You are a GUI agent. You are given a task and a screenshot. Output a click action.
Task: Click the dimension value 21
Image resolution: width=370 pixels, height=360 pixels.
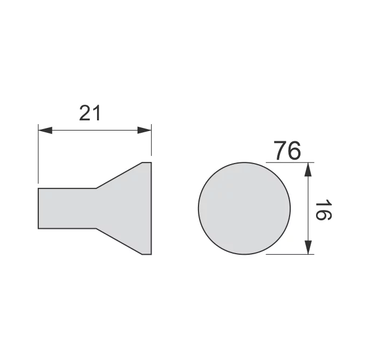point(90,113)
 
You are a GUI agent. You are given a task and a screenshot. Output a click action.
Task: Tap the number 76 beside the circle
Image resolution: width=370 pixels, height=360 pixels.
point(287,151)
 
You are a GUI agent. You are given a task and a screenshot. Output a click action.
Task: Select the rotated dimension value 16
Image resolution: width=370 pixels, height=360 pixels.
point(324,210)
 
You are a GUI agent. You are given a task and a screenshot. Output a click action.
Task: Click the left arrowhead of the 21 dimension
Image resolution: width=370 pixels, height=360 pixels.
point(45,130)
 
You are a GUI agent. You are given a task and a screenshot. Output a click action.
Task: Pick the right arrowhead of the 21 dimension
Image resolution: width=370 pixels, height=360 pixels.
point(145,130)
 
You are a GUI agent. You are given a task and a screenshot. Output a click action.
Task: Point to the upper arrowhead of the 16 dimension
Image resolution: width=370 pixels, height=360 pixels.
point(308,169)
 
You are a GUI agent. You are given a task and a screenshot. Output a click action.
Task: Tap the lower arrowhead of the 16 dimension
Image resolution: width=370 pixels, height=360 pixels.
point(308,247)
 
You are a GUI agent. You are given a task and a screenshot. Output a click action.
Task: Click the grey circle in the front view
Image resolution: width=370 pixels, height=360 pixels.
point(244,208)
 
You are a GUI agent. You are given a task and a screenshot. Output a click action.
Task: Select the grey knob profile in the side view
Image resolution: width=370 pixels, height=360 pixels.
point(94,208)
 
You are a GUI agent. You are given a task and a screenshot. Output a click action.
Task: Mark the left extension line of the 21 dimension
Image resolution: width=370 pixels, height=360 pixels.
point(38,154)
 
